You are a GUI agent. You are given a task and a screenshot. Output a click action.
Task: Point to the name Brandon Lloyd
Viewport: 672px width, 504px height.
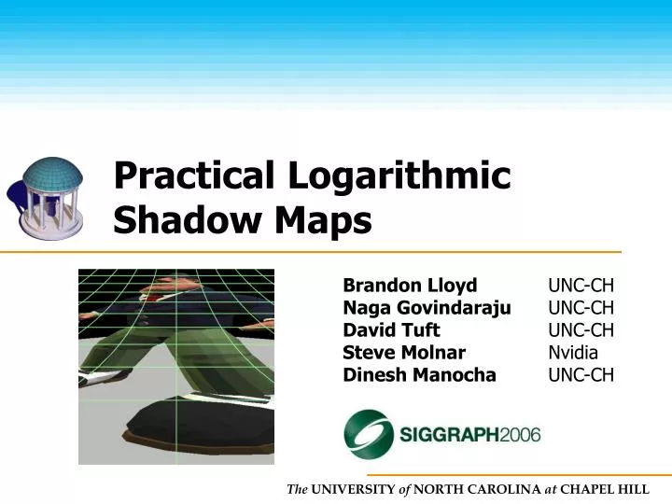410,286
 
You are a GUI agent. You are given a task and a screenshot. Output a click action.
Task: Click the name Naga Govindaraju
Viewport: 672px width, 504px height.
427,308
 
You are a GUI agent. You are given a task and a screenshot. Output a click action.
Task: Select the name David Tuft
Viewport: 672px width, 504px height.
391,330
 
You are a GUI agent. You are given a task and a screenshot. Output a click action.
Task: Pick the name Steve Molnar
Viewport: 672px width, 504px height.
404,353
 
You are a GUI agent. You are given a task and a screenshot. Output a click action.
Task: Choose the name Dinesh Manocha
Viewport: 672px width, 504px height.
419,375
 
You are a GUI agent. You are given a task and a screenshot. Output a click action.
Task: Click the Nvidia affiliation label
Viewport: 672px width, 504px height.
573,353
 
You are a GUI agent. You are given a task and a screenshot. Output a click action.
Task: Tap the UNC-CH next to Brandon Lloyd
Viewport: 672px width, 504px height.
581,286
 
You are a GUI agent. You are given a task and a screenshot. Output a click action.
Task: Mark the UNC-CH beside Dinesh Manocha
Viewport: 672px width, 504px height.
581,375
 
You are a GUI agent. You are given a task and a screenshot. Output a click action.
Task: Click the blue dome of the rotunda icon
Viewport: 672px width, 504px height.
51,173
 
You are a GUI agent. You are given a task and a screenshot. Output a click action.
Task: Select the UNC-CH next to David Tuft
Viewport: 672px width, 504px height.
581,330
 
